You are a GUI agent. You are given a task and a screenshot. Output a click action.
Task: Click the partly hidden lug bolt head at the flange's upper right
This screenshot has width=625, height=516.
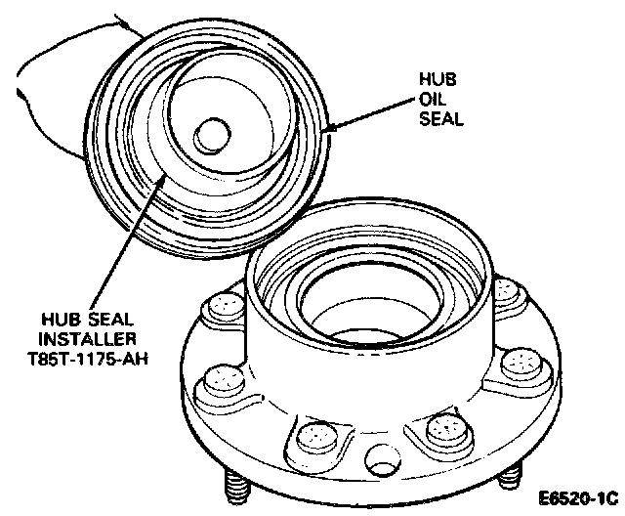click(x=504, y=290)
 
